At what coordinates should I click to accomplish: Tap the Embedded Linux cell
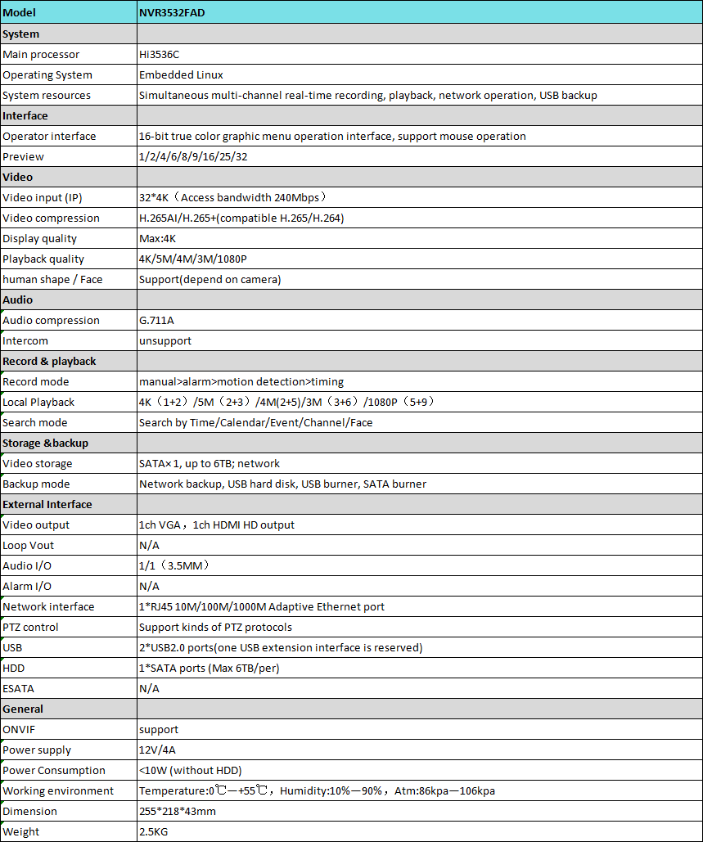pos(181,74)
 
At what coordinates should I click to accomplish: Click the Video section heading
pos(18,177)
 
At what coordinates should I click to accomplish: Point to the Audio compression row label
pos(51,320)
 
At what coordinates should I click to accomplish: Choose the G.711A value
pos(156,320)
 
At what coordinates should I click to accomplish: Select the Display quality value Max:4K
pos(157,238)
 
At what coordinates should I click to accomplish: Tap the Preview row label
pos(23,156)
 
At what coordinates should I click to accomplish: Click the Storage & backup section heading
pos(45,443)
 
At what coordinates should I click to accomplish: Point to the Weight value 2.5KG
pos(155,831)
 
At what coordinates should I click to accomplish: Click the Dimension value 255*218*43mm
pos(177,811)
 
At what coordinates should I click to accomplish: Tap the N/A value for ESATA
pos(149,688)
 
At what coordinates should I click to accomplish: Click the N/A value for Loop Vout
pos(149,545)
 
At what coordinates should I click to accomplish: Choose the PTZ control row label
pos(30,627)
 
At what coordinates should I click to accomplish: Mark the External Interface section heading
pos(47,504)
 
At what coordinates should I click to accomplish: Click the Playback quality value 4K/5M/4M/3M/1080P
pos(192,259)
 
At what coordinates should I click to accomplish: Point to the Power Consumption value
pos(190,770)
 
